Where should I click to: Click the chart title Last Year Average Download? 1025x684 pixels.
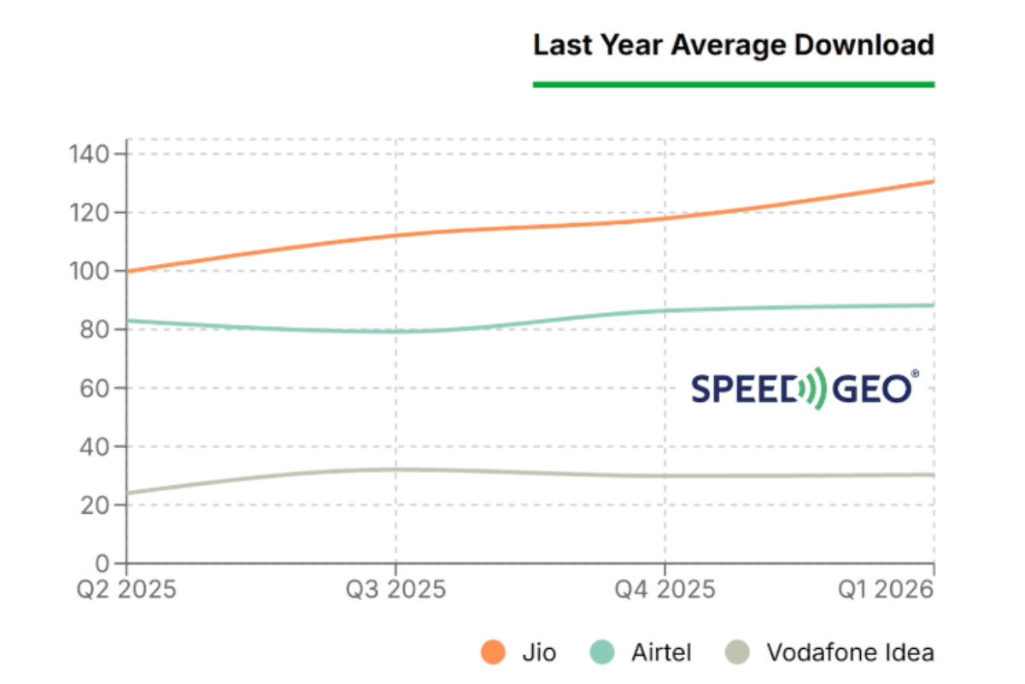pyautogui.click(x=733, y=44)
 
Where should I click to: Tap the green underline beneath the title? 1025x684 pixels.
pyautogui.click(x=733, y=84)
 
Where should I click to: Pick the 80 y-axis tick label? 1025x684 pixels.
pyautogui.click(x=96, y=330)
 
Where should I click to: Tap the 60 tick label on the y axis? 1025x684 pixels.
pyautogui.click(x=96, y=388)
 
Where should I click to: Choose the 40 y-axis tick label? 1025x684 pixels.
pyautogui.click(x=96, y=446)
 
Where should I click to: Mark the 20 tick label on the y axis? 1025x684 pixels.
pyautogui.click(x=96, y=505)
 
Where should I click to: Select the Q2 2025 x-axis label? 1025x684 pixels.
pyautogui.click(x=126, y=590)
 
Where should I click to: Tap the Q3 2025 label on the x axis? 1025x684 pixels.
pyautogui.click(x=395, y=590)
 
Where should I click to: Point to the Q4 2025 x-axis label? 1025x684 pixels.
pyautogui.click(x=665, y=590)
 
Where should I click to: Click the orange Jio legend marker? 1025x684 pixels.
pyautogui.click(x=493, y=653)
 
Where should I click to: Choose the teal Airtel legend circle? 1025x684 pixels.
pyautogui.click(x=603, y=653)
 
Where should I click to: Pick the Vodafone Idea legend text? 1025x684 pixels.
pyautogui.click(x=850, y=653)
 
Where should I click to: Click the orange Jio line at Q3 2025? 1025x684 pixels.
pyautogui.click(x=395, y=235)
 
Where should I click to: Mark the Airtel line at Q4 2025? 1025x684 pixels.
pyautogui.click(x=665, y=310)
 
